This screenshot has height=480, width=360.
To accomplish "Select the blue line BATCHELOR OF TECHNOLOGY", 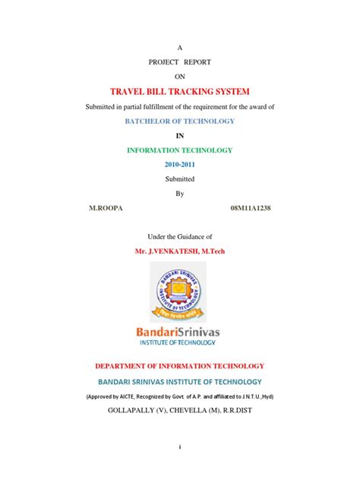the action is [179, 122].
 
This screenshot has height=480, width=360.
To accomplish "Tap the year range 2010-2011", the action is [180, 164].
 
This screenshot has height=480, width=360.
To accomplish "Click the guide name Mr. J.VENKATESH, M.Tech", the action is [180, 249].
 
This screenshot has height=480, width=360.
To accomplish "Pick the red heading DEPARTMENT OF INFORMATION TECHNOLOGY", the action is [180, 366].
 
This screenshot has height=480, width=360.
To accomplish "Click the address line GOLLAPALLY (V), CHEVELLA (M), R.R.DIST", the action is [180, 411].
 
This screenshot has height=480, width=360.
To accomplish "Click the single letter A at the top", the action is [180, 46].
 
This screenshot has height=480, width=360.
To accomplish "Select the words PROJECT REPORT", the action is [180, 61].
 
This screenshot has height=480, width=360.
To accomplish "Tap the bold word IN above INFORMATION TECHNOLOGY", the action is [180, 136].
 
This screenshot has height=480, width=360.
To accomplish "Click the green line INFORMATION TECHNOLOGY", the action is [180, 150].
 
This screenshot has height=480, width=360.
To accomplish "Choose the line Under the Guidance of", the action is [180, 235].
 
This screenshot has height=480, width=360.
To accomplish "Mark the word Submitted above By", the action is [180, 178].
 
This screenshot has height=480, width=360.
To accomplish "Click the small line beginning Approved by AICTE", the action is [180, 396].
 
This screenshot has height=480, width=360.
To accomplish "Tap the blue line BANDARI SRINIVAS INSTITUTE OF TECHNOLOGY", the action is [180, 381].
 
